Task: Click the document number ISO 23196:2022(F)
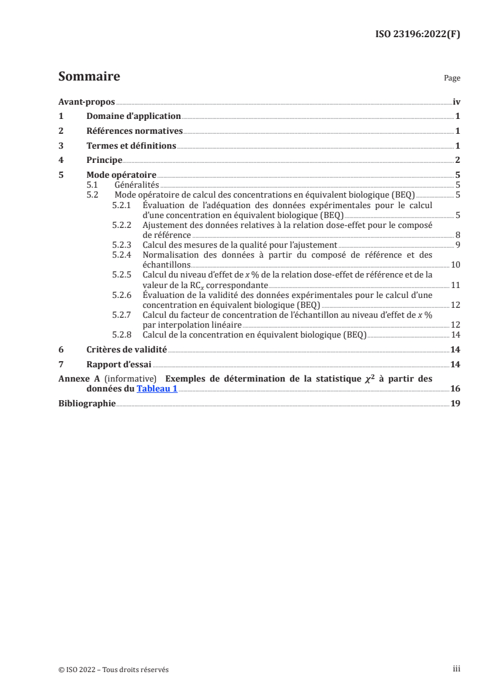[419, 34]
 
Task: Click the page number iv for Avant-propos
[456, 102]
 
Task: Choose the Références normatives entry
[134, 131]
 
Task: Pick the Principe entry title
[104, 160]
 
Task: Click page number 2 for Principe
[457, 160]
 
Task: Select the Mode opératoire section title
[121, 175]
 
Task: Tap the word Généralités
[137, 185]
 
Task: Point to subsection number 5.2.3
[121, 245]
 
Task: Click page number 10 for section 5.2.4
[455, 264]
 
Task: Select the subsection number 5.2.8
[121, 334]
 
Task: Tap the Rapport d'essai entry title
[118, 364]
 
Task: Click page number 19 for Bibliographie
[455, 403]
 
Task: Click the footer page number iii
[456, 670]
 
